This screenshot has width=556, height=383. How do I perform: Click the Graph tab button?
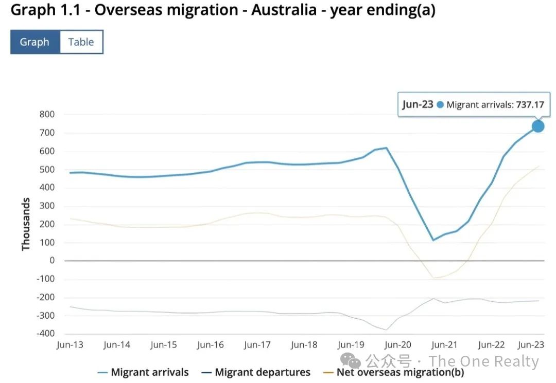34,42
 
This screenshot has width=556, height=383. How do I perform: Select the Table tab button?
81,42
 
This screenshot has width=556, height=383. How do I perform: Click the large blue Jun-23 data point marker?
538,126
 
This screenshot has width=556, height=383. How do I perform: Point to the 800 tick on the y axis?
47,115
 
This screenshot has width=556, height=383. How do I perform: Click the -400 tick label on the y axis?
45,334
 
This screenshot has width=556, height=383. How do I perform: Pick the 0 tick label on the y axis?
52,261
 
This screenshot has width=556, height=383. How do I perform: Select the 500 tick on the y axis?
47,170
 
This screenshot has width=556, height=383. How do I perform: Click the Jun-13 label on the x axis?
70,345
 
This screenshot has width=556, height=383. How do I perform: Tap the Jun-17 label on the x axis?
257,345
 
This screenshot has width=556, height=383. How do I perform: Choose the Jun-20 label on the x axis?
398,345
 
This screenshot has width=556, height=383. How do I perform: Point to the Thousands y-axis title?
26,225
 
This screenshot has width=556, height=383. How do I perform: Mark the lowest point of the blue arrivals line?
433,240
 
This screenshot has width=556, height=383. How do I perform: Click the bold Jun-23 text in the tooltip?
418,105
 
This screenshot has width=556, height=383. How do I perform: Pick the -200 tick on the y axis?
45,297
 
